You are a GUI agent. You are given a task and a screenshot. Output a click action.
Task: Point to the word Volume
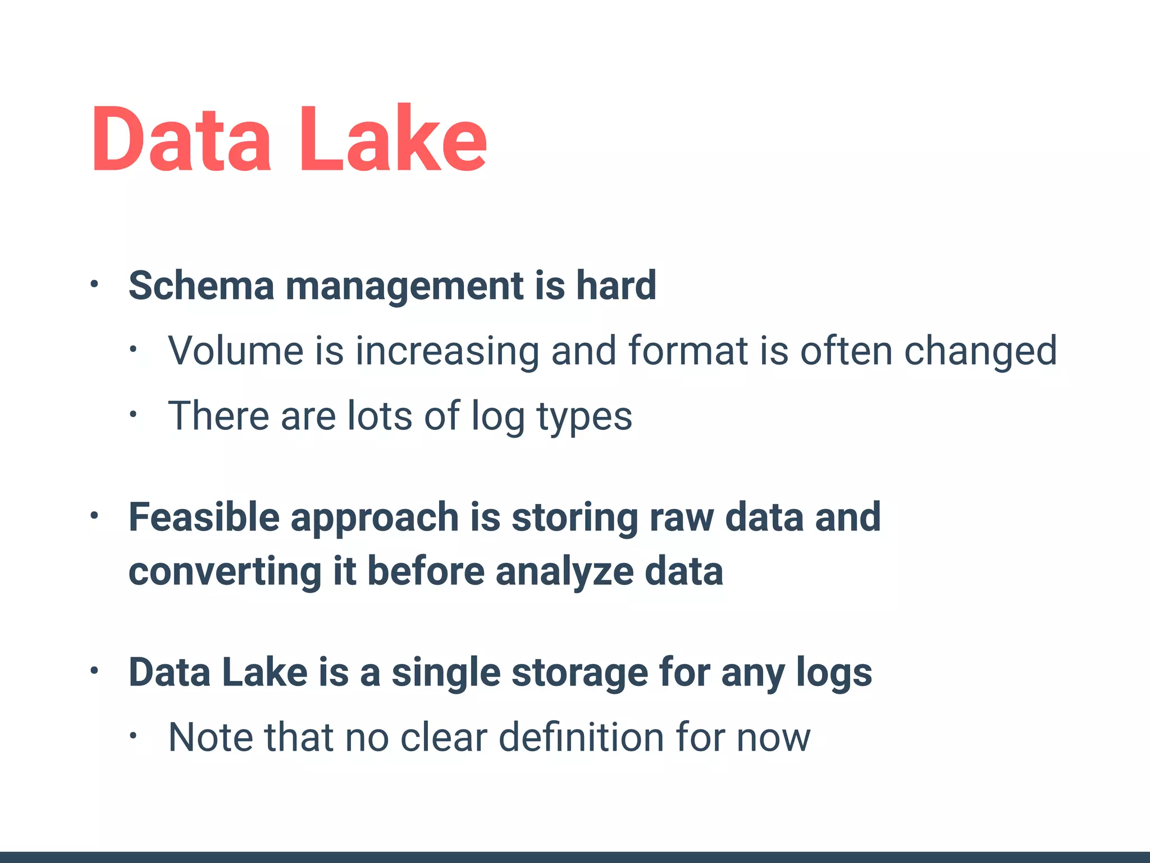click(236, 351)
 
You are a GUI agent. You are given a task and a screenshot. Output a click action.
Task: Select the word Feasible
click(204, 517)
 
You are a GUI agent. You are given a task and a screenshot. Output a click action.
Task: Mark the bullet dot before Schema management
click(94, 284)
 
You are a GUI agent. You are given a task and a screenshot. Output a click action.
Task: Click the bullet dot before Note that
click(133, 736)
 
